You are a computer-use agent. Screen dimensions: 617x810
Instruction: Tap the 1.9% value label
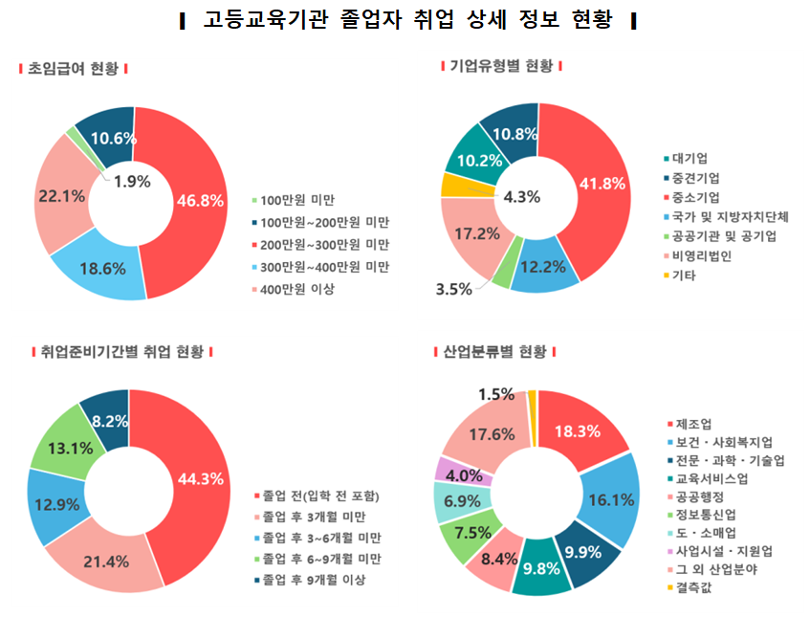pyautogui.click(x=131, y=181)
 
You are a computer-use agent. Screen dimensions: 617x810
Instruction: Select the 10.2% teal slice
pyautogui.click(x=474, y=159)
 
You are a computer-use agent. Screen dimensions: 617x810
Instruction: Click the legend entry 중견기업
pyautogui.click(x=696, y=178)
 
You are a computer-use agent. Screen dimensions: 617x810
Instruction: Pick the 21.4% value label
pyautogui.click(x=107, y=561)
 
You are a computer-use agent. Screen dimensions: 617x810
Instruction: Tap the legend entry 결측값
pyautogui.click(x=694, y=586)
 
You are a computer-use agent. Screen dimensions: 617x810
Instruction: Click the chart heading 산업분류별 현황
pyautogui.click(x=497, y=352)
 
